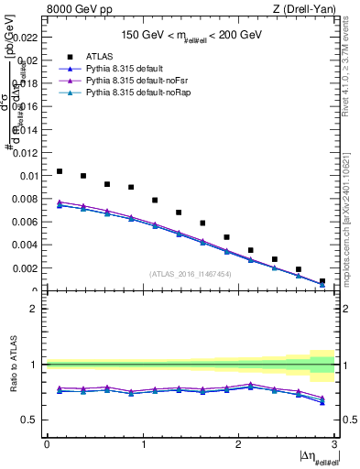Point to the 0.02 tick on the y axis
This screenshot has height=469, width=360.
click(30, 60)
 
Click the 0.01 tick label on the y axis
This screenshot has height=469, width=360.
click(30, 175)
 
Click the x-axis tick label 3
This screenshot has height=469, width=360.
click(335, 445)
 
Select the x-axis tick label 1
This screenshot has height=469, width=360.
click(143, 445)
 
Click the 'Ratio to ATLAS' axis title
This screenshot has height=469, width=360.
click(11, 365)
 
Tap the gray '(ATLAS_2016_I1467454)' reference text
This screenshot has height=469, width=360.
click(191, 274)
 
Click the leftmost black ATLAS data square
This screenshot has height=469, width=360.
click(60, 171)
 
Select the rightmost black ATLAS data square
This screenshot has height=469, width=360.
click(322, 281)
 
